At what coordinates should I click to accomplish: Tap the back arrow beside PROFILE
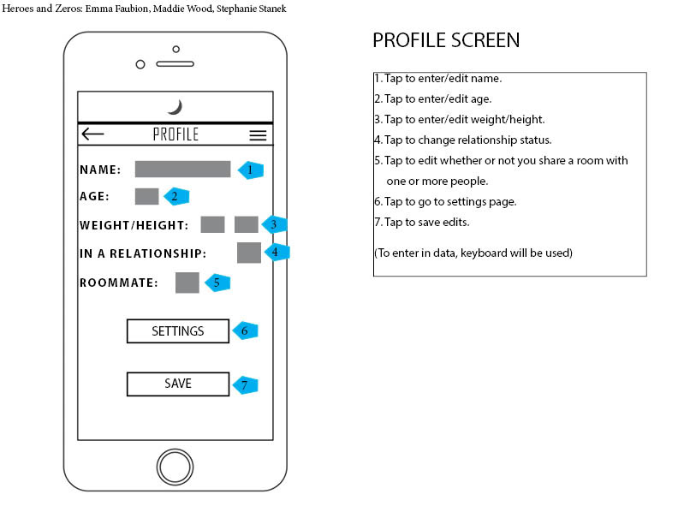point(92,134)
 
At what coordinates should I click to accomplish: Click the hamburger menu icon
point(258,135)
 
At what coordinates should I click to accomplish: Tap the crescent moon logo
point(175,107)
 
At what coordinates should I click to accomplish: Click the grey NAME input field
point(182,169)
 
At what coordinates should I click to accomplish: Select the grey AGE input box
point(146,196)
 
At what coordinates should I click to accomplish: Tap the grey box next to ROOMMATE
point(187,283)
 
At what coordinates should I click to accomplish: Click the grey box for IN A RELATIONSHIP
point(249,253)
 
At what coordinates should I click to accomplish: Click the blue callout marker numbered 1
point(251,170)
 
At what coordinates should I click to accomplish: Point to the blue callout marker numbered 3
point(274,224)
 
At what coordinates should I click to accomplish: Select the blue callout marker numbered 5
point(217,283)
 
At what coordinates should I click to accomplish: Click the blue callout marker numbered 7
point(245,384)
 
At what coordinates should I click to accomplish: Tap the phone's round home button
point(175,467)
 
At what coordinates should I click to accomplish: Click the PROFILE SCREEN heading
point(446,40)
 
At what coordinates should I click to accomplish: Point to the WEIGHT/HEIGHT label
point(134,225)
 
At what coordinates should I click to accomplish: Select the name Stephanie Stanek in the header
point(251,9)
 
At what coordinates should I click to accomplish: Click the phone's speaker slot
point(175,64)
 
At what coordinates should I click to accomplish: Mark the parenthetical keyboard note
point(473,253)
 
